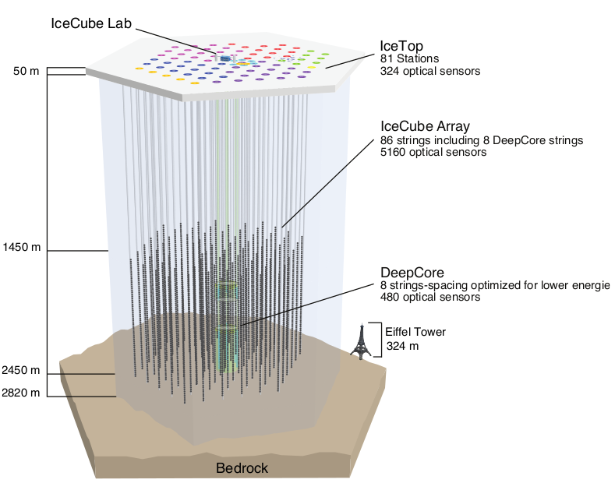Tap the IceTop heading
tap(403, 45)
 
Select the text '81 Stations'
tap(410, 58)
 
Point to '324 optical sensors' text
tap(429, 71)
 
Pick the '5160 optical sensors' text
tap(433, 153)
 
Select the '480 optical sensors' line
tap(429, 297)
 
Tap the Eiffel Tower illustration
tap(359, 340)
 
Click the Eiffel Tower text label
tap(415, 332)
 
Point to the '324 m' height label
tap(402, 345)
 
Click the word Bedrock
tap(242, 468)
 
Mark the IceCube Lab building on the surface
tap(226, 58)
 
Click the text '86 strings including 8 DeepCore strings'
tap(481, 140)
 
